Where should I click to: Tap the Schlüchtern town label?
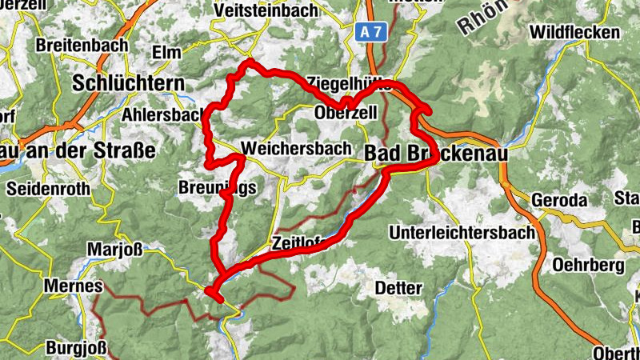pos(128,83)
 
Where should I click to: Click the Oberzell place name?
pos(346,113)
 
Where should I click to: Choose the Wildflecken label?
pos(574,33)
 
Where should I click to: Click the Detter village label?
pos(398,287)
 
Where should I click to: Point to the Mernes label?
pos(74,286)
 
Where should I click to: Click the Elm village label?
pos(166,51)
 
